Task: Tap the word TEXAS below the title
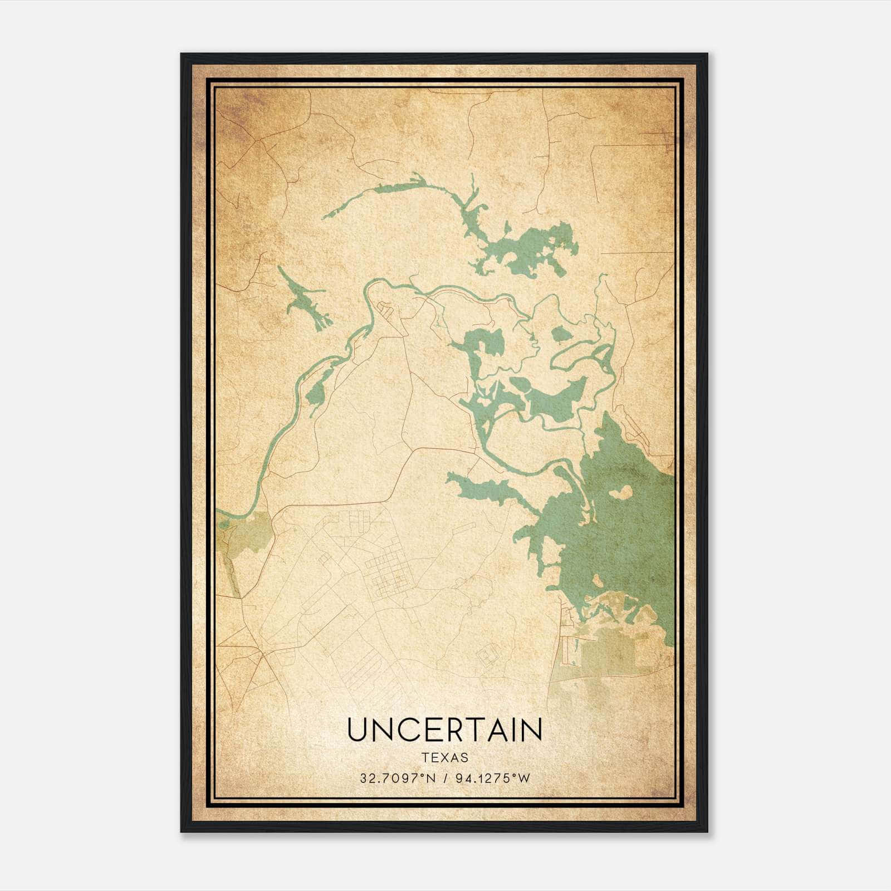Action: [444, 758]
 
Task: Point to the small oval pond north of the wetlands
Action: [561, 334]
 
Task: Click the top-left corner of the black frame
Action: [182, 55]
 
